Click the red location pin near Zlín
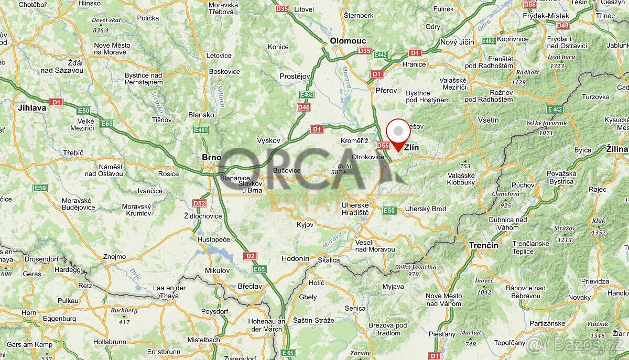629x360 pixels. [x=398, y=133]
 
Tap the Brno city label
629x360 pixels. [x=212, y=157]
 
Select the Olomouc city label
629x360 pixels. [x=348, y=41]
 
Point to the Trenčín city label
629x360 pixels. [x=483, y=245]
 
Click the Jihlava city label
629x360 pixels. [x=32, y=107]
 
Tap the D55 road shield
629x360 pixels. [x=383, y=146]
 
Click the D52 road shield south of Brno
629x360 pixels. [x=199, y=203]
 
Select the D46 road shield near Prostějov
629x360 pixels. [x=303, y=107]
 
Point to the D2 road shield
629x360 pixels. [x=250, y=256]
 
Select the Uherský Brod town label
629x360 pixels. [x=426, y=209]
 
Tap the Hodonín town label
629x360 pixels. [x=295, y=258]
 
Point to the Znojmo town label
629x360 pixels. [x=115, y=257]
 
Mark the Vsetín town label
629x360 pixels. [x=489, y=120]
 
